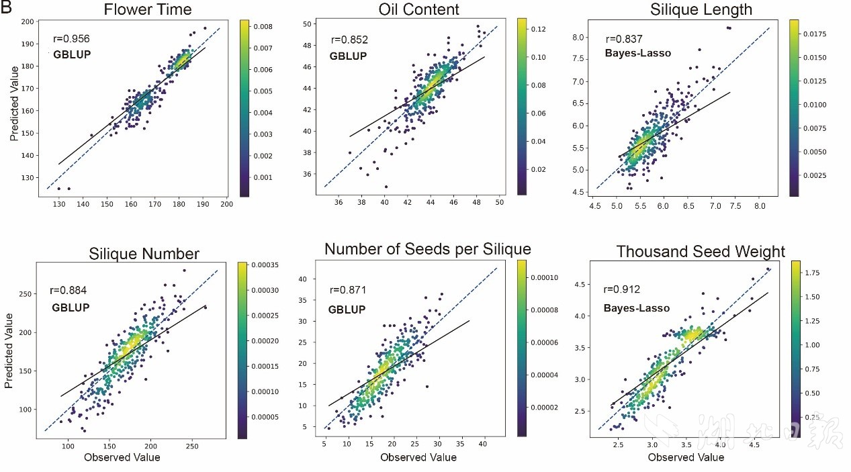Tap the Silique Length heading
(x=691, y=10)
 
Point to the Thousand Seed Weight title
(x=701, y=252)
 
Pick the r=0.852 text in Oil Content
(x=349, y=40)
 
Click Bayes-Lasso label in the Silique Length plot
(x=638, y=53)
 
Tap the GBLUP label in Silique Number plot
(x=71, y=308)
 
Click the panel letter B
(x=7, y=8)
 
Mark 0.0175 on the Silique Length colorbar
(x=817, y=34)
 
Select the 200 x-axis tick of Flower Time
(x=226, y=203)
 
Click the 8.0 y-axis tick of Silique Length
(x=580, y=38)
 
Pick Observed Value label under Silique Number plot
(x=122, y=457)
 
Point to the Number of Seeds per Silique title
(x=427, y=249)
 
